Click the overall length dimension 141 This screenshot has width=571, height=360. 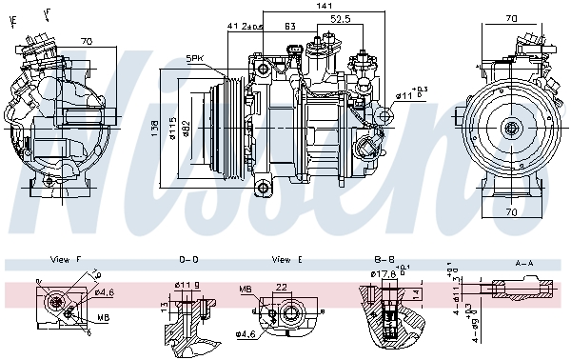(312, 8)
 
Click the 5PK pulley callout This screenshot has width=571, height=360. (195, 59)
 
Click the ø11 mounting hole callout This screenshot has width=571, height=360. (411, 94)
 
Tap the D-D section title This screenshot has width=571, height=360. (188, 259)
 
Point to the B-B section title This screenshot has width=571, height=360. (384, 259)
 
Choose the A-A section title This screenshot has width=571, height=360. (523, 261)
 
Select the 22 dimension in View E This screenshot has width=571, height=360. (282, 287)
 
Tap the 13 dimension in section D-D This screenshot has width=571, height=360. (164, 307)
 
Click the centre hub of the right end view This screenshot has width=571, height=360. (512, 128)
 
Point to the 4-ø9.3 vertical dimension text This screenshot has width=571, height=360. (475, 324)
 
